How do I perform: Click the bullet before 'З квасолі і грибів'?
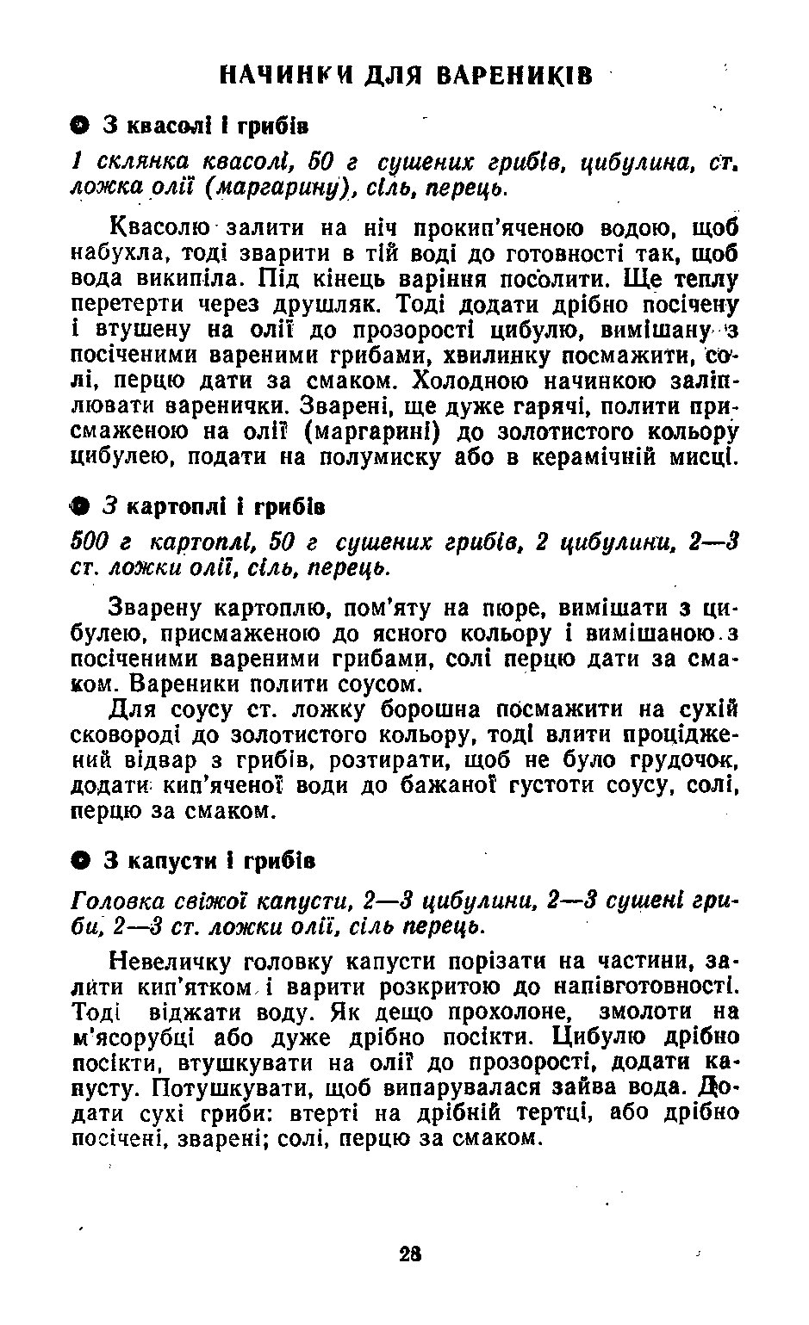[x=78, y=126]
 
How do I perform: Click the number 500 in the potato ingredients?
[x=89, y=543]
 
